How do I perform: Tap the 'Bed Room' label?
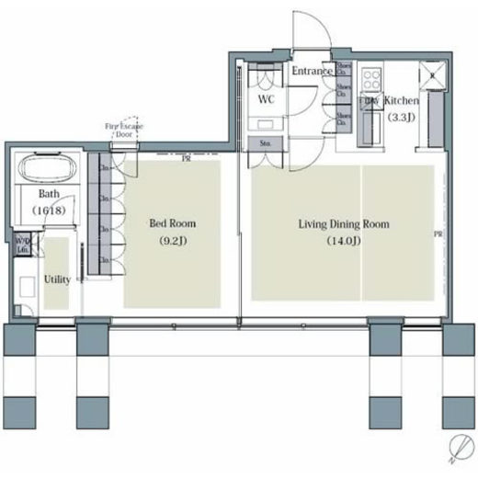(173, 223)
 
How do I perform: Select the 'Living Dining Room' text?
(343, 223)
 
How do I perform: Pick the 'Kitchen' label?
(401, 100)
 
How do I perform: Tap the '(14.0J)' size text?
(343, 242)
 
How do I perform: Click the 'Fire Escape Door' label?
(123, 128)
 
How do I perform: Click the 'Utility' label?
(57, 279)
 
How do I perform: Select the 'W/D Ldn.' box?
(22, 245)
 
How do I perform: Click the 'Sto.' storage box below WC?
(263, 143)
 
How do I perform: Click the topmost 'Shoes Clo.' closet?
(343, 70)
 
